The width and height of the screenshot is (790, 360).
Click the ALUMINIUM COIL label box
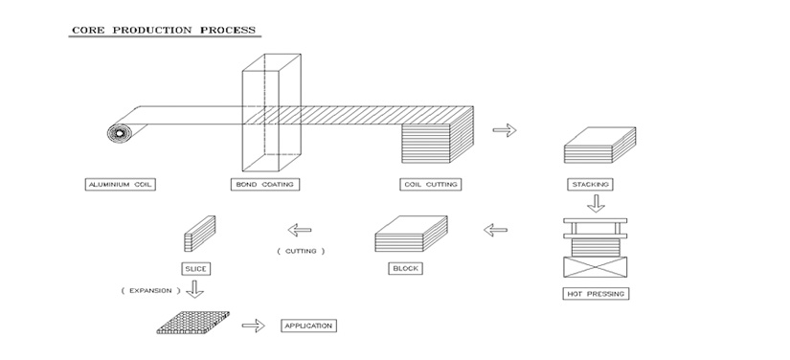tap(120, 184)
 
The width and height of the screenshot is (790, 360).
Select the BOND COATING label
tap(265, 184)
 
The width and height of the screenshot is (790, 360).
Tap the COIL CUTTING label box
tap(431, 184)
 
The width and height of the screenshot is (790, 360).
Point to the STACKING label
tap(591, 184)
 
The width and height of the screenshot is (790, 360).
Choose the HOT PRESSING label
tap(596, 294)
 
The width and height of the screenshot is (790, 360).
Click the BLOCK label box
tap(406, 268)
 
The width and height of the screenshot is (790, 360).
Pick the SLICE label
tap(196, 269)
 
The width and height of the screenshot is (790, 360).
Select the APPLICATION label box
tap(308, 326)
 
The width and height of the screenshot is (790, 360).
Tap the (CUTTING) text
tap(301, 251)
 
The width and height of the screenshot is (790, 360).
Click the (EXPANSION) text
tap(150, 290)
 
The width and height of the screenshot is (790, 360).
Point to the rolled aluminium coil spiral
tap(120, 133)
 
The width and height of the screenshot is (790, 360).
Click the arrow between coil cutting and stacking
tap(505, 130)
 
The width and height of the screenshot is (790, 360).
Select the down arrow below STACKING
tap(597, 203)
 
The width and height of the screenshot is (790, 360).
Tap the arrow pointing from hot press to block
tap(495, 230)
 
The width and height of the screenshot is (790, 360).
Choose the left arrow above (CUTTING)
tap(300, 230)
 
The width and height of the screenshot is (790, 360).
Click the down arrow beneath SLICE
tap(195, 289)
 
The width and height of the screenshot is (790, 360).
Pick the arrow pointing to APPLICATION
tap(254, 326)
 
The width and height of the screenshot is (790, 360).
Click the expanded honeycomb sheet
tap(193, 323)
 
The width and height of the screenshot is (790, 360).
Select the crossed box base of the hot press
tap(595, 267)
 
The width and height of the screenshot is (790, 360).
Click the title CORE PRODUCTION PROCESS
tap(165, 31)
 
